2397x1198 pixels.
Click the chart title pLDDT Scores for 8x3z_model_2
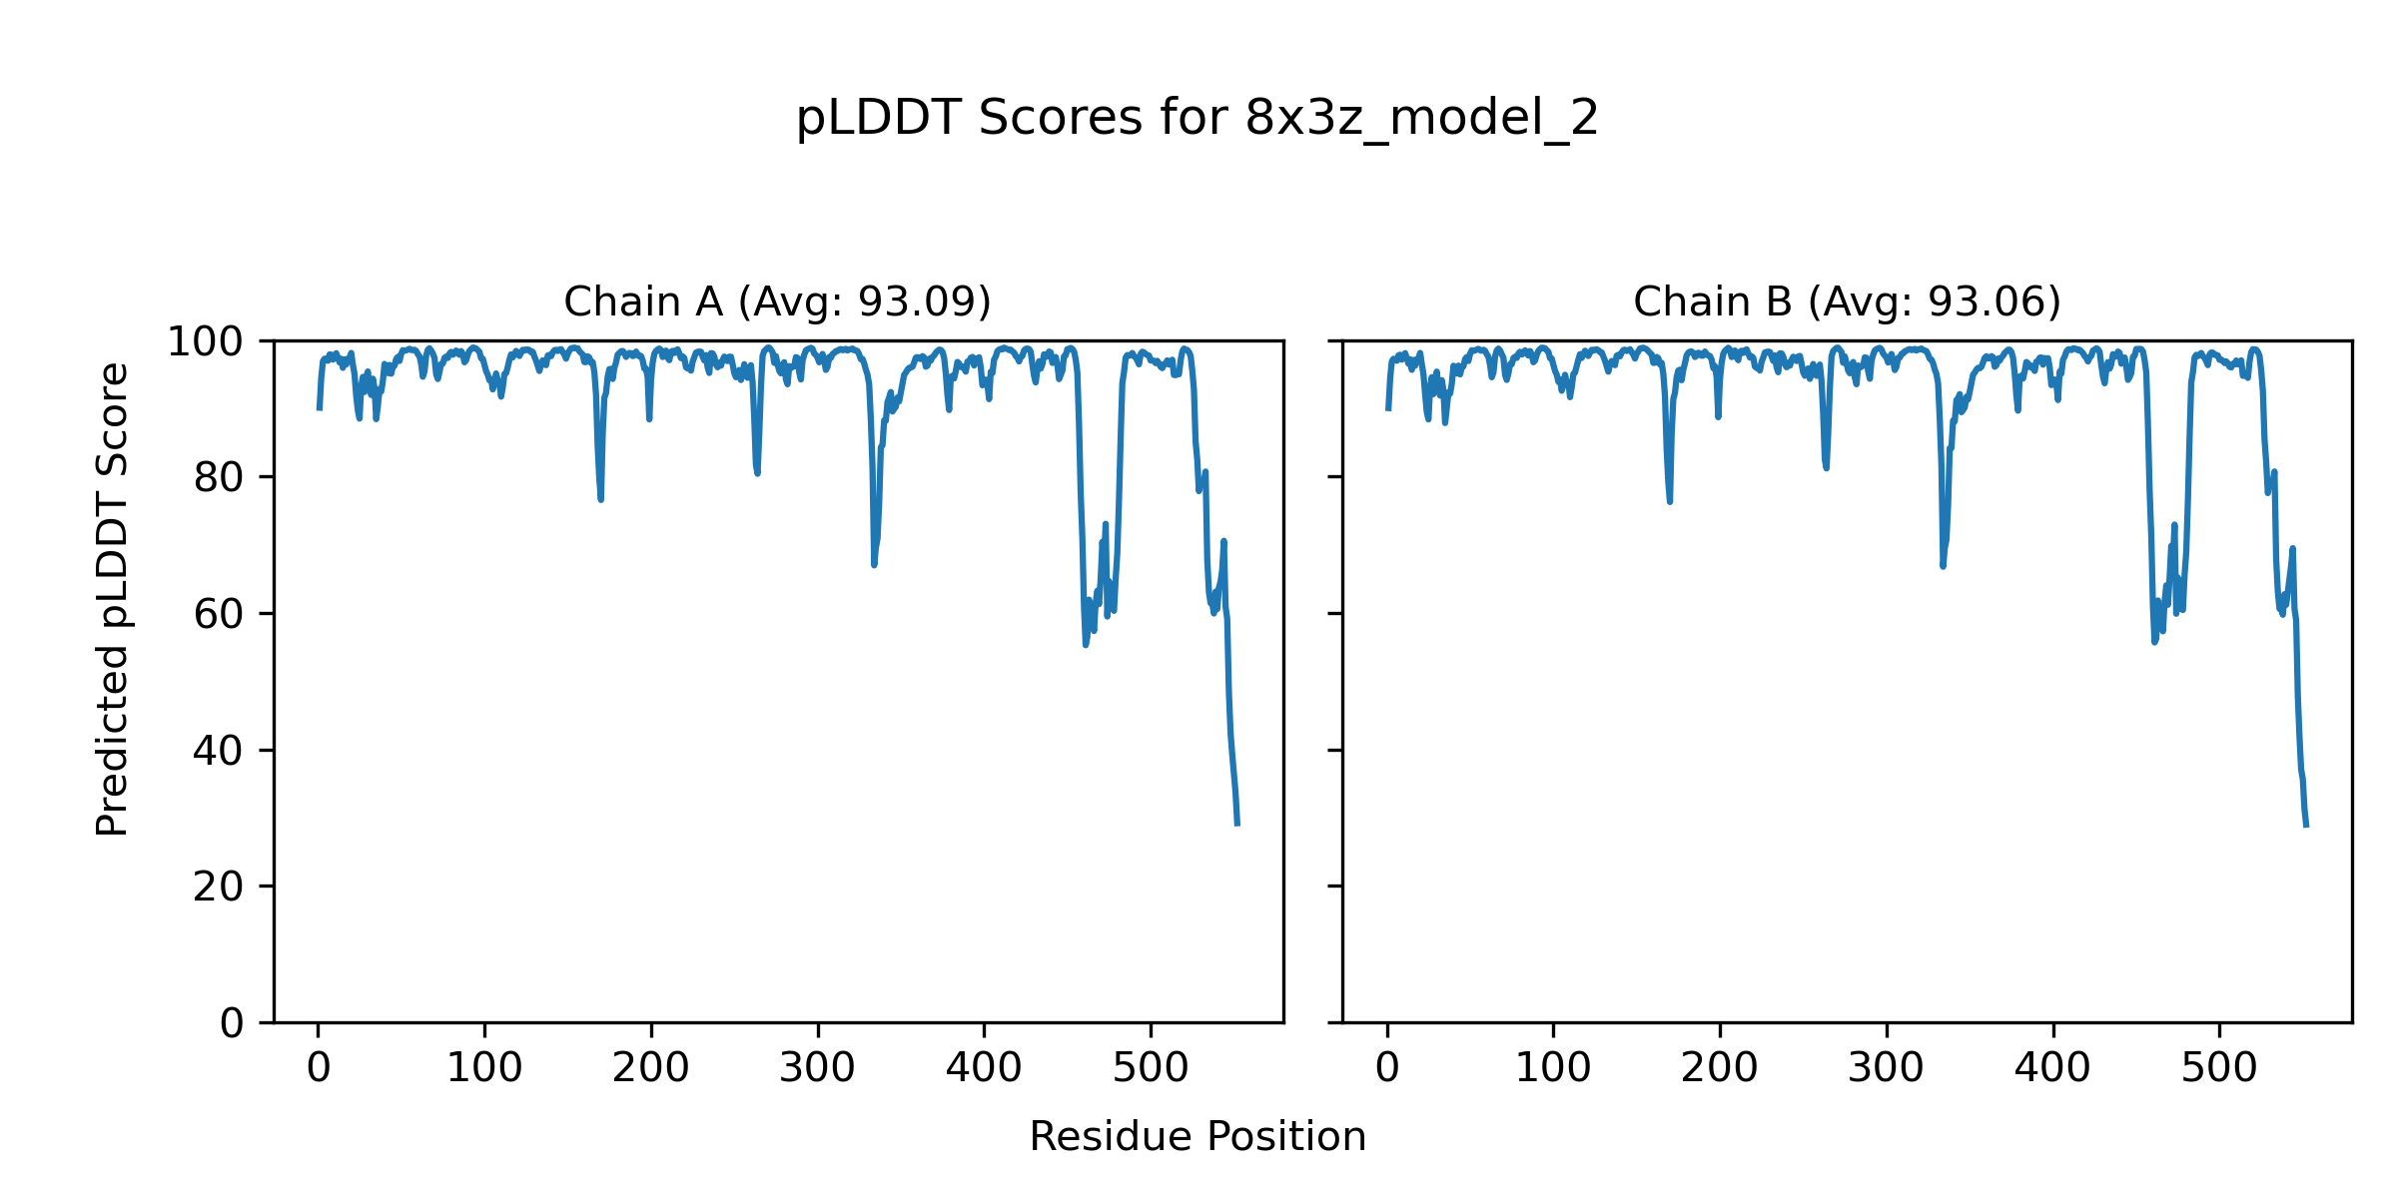tap(1198, 119)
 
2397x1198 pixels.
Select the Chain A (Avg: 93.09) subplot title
tap(777, 301)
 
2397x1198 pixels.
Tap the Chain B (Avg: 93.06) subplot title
tap(1847, 301)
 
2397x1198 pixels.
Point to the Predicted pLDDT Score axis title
tap(113, 599)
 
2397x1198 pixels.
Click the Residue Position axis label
tap(1198, 1136)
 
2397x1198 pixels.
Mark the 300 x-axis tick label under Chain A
tap(818, 1068)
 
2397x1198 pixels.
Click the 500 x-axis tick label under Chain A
tap(1151, 1068)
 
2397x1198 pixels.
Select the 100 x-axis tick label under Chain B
tap(1553, 1068)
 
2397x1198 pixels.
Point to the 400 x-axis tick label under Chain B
tap(2052, 1068)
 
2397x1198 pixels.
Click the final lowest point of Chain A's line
tap(1237, 824)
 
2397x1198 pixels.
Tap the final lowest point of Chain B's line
tap(2306, 825)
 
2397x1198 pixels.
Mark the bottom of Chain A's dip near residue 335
tap(874, 565)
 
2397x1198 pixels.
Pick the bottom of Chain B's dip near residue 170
tap(1670, 501)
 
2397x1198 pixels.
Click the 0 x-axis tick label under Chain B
tap(1387, 1068)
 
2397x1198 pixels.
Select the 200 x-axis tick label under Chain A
tap(651, 1068)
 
